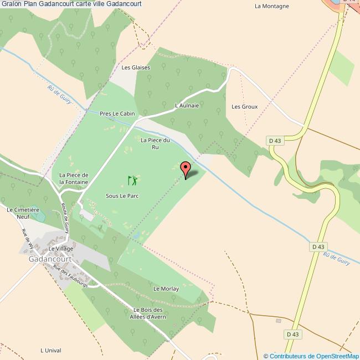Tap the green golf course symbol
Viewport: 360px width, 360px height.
(132, 181)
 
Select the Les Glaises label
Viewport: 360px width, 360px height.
(136, 68)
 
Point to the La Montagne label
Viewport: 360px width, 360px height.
(271, 7)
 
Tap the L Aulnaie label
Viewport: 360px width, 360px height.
(187, 105)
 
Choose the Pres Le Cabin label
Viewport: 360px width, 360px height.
(117, 114)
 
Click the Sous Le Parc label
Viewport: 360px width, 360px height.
(122, 196)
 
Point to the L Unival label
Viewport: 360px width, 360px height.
(49, 350)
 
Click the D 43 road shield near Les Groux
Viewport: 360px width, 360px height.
(275, 141)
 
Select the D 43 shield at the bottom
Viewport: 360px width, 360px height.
(292, 334)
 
